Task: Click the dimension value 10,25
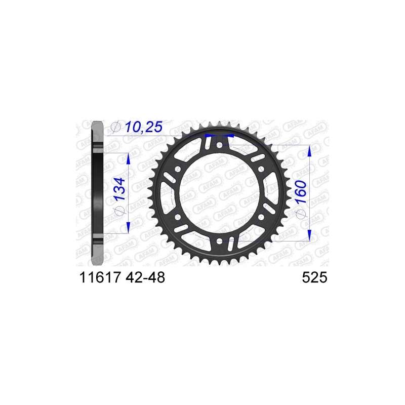[x=144, y=127]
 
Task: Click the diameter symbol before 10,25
[x=116, y=127]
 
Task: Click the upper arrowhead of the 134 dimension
[x=128, y=158]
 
